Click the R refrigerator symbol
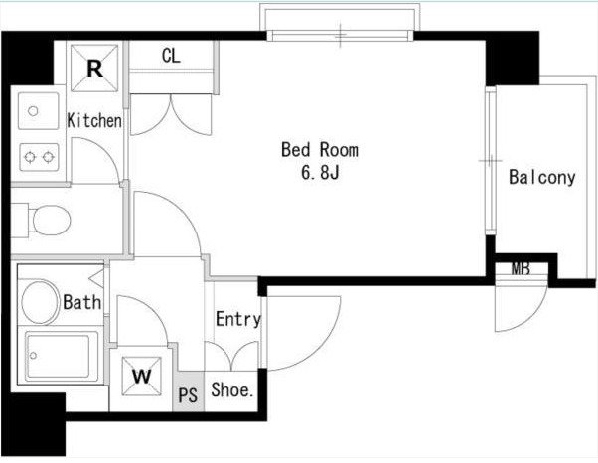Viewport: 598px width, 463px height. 94,68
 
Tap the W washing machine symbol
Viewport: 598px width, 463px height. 141,377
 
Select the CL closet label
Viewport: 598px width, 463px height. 171,56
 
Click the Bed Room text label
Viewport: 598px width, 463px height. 320,150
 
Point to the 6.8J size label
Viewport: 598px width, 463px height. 320,173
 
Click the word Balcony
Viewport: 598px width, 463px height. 542,178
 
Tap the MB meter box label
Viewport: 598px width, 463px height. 521,269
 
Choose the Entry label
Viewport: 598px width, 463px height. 238,319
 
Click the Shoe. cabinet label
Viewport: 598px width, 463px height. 232,389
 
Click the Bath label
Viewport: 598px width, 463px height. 82,302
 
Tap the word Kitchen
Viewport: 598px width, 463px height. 94,121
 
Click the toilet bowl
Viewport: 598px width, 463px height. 51,220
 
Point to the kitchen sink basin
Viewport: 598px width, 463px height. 38,111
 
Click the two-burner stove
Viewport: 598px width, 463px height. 39,157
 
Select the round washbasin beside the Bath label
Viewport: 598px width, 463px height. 40,302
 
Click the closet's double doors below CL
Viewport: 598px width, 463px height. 171,114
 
